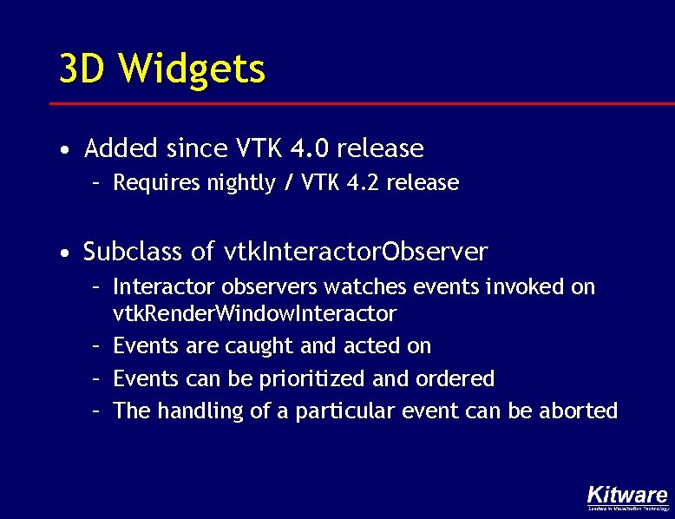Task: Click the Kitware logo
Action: tap(626, 496)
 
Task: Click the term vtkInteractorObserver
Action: tap(356, 253)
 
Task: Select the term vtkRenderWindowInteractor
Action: tap(255, 313)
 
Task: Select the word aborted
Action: tap(579, 411)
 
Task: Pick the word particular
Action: tap(344, 411)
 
